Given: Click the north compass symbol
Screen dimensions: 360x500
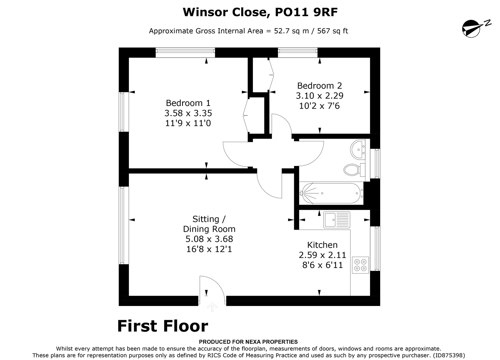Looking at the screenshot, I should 473,28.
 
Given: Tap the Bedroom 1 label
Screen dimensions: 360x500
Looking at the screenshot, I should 188,103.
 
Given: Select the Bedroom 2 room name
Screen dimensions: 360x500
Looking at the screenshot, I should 319,86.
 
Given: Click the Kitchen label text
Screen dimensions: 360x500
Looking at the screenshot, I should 322,245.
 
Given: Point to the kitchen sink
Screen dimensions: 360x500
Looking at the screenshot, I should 336,220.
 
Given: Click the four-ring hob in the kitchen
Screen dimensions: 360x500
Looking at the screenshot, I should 360,265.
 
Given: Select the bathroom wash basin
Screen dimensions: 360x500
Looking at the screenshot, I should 358,149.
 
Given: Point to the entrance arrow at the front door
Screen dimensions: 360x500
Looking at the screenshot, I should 212,306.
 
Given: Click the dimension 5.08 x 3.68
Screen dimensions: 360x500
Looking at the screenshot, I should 209,239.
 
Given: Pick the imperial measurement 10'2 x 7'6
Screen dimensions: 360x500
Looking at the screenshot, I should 319,106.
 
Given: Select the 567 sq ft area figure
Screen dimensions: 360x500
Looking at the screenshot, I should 333,31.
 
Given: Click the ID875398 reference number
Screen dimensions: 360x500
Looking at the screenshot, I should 449,355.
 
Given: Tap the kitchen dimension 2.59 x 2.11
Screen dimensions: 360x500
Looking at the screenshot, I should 322,255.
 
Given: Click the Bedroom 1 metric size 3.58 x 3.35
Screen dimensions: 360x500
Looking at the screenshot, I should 188,113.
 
